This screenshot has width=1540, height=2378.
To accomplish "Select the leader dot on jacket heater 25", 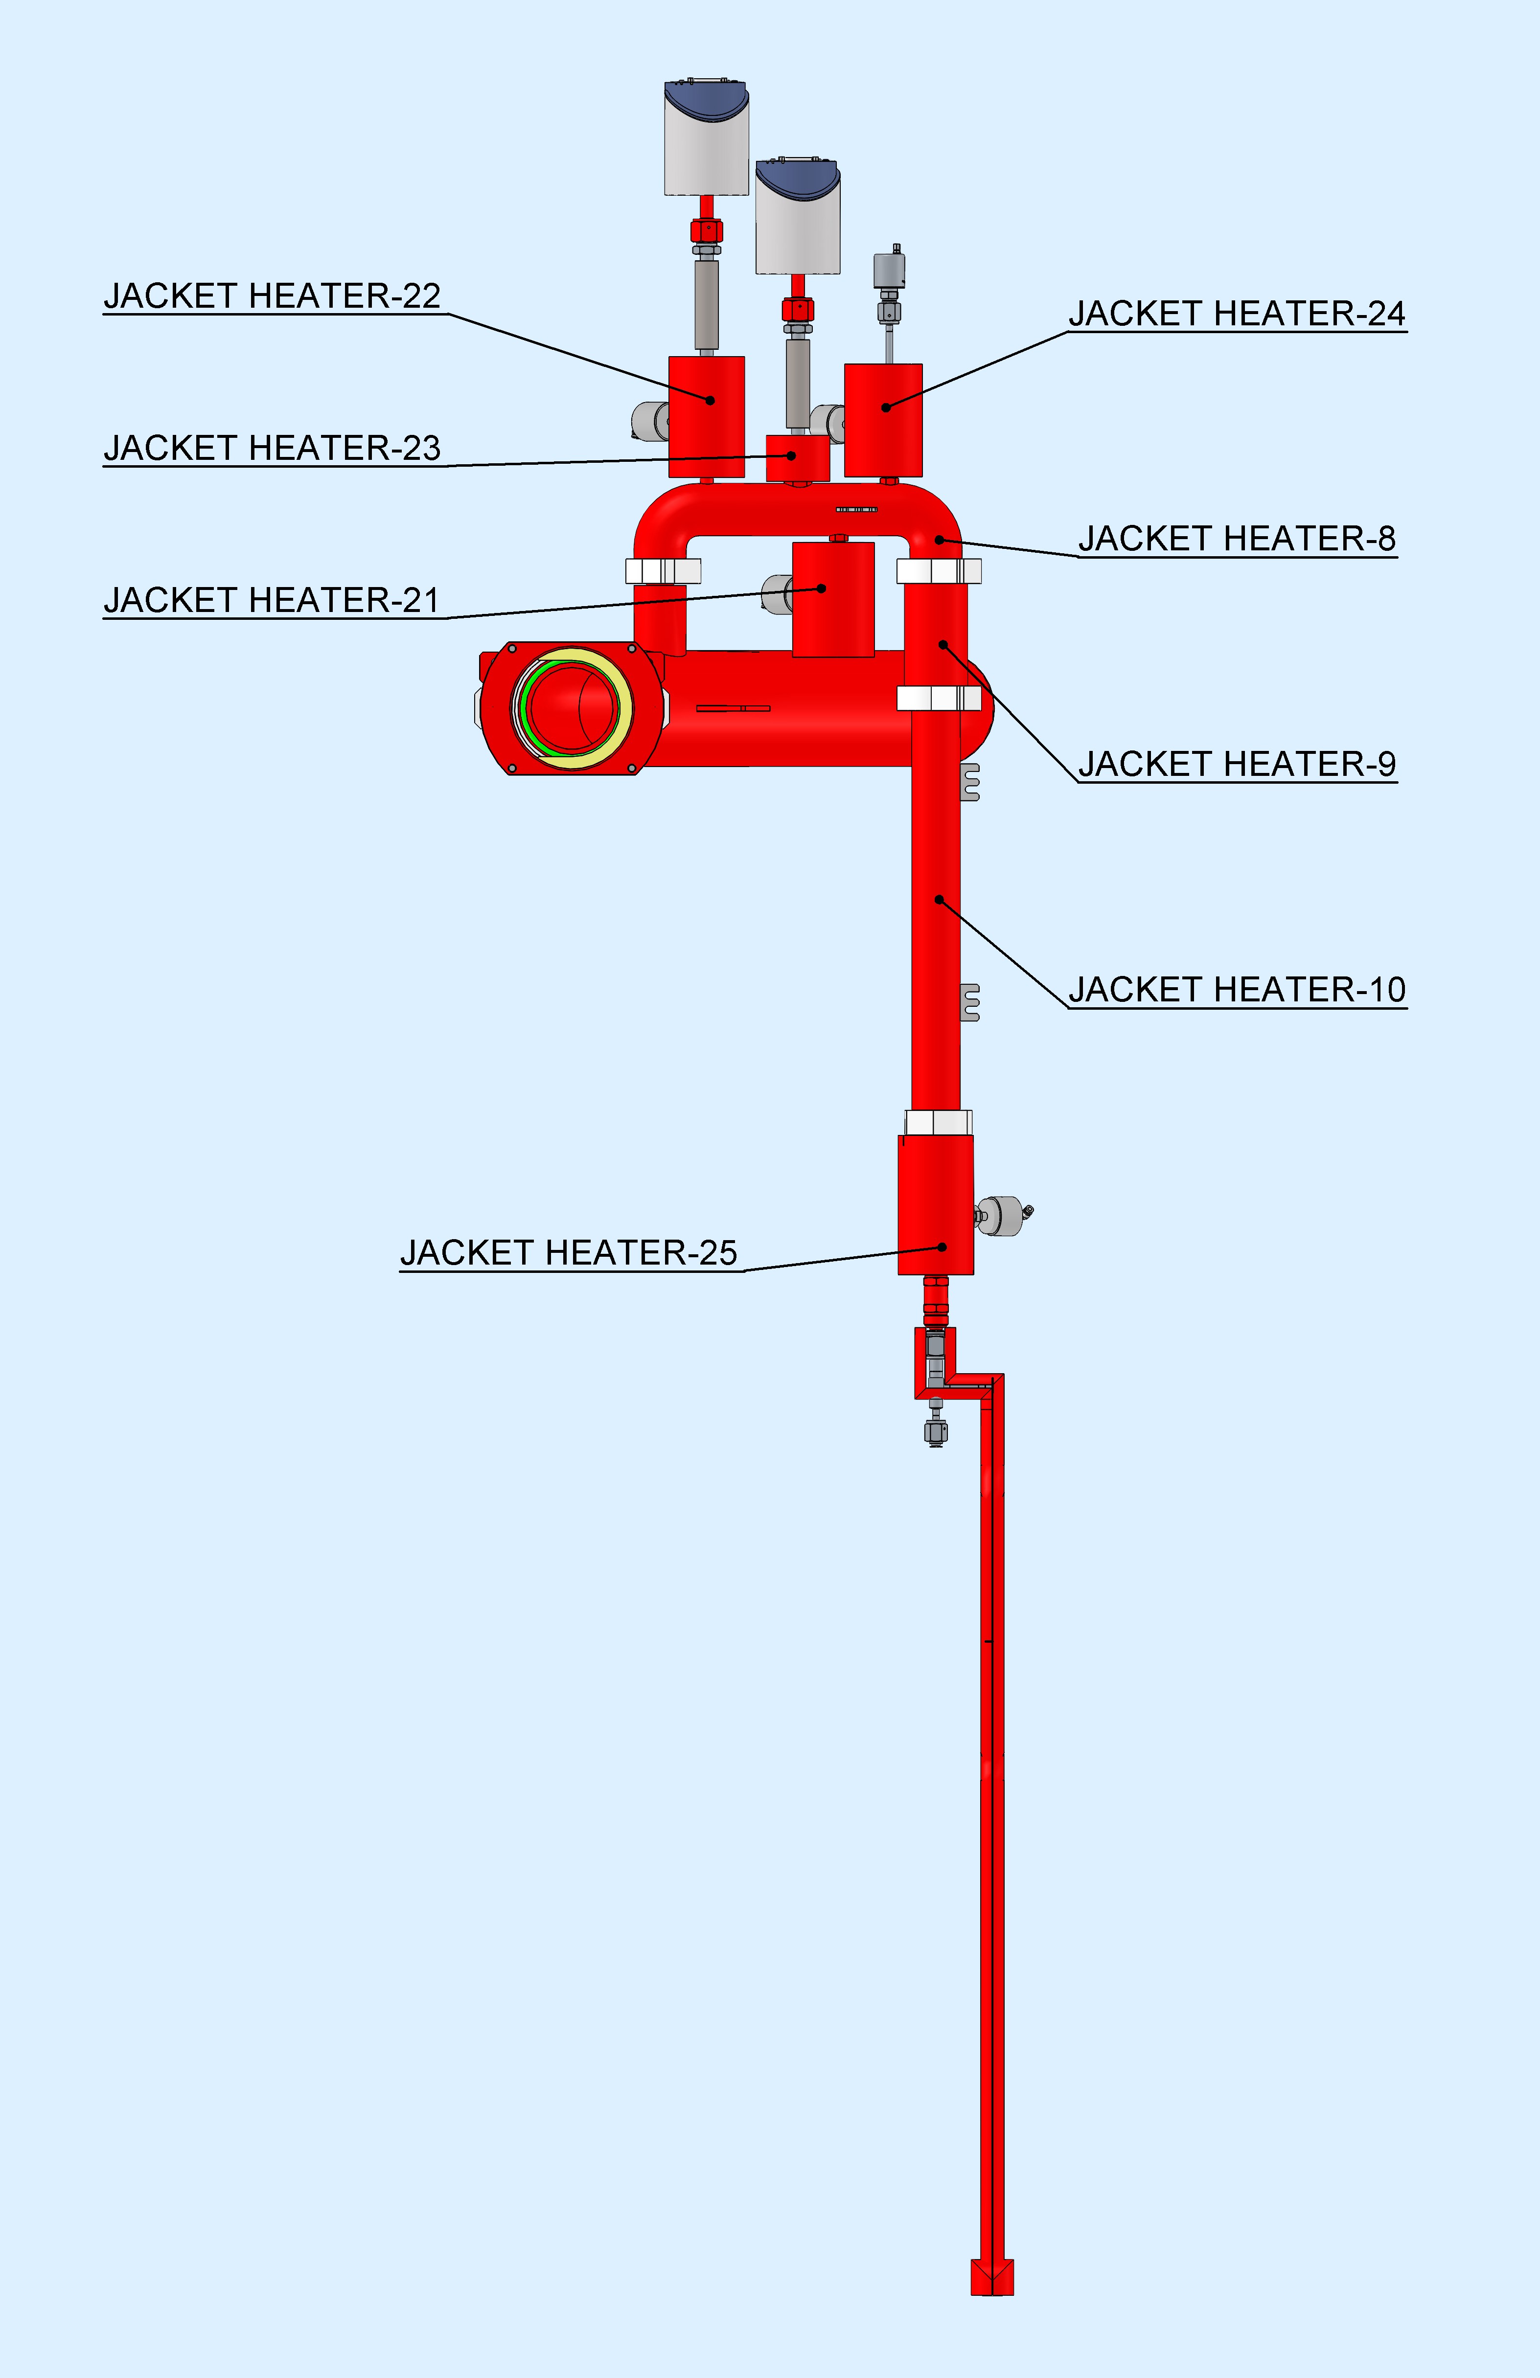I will [x=942, y=1247].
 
